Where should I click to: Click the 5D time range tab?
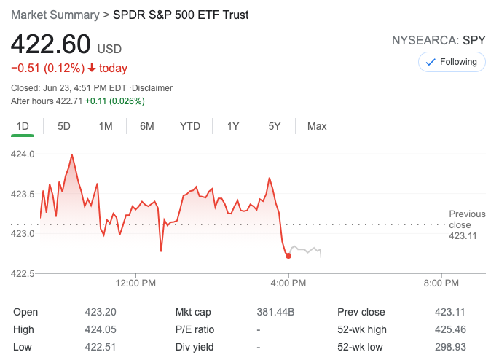[x=64, y=126]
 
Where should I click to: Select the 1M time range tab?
[x=106, y=126]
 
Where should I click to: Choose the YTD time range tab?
[x=189, y=126]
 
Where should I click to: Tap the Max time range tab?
[x=317, y=126]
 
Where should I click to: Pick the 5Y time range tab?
[x=275, y=126]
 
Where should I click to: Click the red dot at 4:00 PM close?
[x=288, y=255]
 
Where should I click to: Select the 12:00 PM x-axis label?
[x=136, y=283]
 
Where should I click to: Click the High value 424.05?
[x=101, y=329]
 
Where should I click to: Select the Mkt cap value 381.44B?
[x=275, y=312]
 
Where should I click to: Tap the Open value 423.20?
[x=101, y=312]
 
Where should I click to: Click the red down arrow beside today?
[x=92, y=69]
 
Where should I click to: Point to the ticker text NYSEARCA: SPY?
[x=439, y=41]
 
